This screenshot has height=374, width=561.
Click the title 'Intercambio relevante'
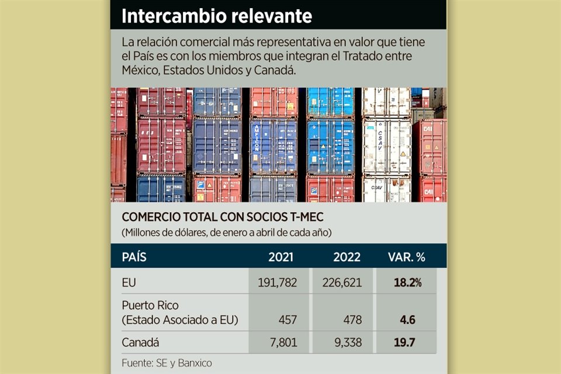217,16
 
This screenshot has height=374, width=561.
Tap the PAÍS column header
134,257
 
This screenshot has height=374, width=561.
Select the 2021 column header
280,257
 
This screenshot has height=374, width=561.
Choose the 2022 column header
347,257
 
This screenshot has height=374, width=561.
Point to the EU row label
129,283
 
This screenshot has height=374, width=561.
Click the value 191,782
278,283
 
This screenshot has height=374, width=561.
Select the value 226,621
342,283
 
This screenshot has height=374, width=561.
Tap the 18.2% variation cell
407,283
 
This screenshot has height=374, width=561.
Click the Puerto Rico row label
150,306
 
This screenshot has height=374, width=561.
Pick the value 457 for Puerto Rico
287,320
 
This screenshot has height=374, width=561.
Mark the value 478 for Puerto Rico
351,320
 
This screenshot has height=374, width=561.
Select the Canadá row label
140,342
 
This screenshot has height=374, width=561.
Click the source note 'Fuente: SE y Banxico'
167,363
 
